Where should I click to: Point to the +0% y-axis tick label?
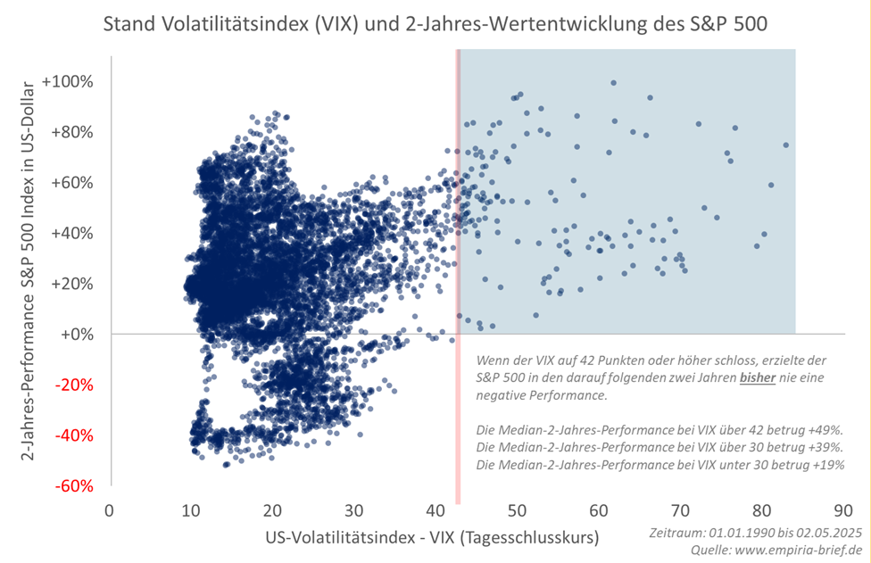[76, 335]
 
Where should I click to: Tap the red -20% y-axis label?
[74, 385]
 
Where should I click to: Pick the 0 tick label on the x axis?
[110, 511]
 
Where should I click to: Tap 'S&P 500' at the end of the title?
[724, 24]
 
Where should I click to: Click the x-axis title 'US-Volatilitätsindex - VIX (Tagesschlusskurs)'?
[432, 537]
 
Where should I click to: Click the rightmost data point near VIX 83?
[785, 145]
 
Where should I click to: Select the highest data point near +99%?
[613, 82]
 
